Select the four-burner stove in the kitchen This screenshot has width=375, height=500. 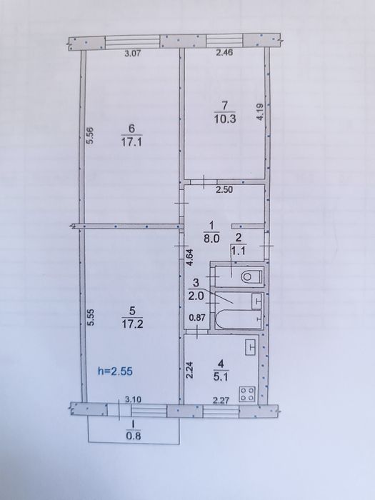click(x=248, y=394)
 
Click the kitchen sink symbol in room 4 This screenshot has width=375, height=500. click(x=251, y=347)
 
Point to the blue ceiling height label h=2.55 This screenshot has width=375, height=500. click(x=115, y=371)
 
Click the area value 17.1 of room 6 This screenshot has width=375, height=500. click(x=131, y=142)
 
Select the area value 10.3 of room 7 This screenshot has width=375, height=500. click(x=225, y=119)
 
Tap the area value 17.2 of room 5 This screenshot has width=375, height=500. click(x=132, y=324)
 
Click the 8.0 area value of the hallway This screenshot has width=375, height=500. click(x=211, y=239)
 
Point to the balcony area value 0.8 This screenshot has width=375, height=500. click(x=134, y=436)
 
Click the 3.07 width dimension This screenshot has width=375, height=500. click(x=132, y=54)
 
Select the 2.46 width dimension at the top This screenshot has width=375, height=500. click(x=224, y=52)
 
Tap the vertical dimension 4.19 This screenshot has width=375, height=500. click(x=260, y=112)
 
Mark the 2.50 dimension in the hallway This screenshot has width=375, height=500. click(x=224, y=190)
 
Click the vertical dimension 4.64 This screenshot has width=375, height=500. click(x=189, y=258)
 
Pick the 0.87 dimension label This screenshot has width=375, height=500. click(x=198, y=318)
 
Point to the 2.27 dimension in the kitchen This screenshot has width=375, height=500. click(x=221, y=400)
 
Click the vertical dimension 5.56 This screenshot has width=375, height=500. click(x=90, y=136)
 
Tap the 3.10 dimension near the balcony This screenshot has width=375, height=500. click(x=133, y=399)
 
